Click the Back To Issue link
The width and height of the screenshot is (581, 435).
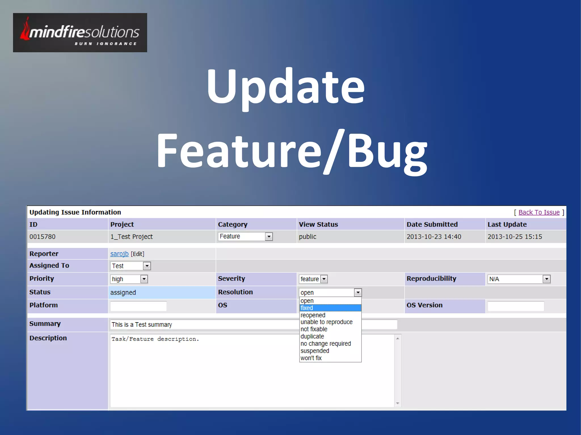pyautogui.click(x=539, y=212)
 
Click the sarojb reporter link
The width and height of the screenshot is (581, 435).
pyautogui.click(x=119, y=254)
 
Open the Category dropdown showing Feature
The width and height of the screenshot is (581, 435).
pyautogui.click(x=245, y=236)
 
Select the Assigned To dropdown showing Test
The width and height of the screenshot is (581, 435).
pyautogui.click(x=130, y=266)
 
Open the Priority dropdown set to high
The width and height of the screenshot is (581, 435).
pyautogui.click(x=129, y=279)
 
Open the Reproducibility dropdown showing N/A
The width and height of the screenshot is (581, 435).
pyautogui.click(x=519, y=279)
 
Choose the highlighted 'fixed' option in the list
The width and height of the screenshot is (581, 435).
pyautogui.click(x=330, y=308)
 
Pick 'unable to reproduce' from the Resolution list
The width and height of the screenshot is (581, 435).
pyautogui.click(x=326, y=322)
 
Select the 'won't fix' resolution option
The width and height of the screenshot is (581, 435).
pyautogui.click(x=311, y=358)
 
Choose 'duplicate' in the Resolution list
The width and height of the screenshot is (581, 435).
pyautogui.click(x=312, y=336)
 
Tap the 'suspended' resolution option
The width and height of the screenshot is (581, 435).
pyautogui.click(x=315, y=351)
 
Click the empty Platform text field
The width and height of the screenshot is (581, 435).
pyautogui.click(x=138, y=306)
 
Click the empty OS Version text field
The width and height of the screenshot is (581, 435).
pyautogui.click(x=515, y=306)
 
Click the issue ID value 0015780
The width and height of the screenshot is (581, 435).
pyautogui.click(x=43, y=237)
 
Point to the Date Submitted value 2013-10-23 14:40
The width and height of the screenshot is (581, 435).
pyautogui.click(x=434, y=237)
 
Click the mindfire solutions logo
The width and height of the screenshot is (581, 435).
pyautogui.click(x=80, y=33)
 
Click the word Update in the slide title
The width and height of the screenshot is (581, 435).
pyautogui.click(x=285, y=86)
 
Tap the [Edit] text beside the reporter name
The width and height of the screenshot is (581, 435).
pyautogui.click(x=138, y=254)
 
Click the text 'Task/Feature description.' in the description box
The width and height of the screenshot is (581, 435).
pyautogui.click(x=155, y=339)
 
